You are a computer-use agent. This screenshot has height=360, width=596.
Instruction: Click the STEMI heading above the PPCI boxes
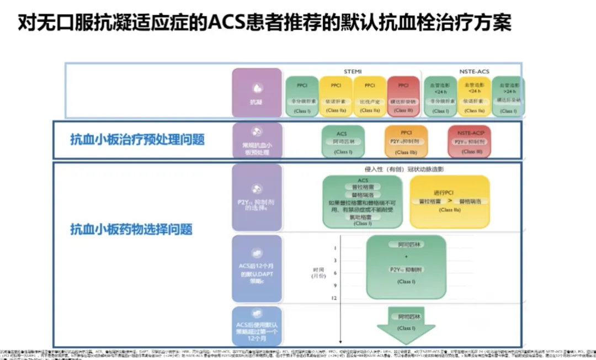353,72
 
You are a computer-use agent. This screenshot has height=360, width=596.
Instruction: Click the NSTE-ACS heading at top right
474,72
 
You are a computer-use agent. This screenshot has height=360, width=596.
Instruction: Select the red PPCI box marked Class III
403,96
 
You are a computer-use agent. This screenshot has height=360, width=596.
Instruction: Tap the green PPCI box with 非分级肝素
302,96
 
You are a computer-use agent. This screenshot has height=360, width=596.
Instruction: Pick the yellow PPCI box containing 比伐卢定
369,96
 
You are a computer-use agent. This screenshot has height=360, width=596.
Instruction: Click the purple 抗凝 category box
257,92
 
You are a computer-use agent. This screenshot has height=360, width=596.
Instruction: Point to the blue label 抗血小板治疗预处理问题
137,140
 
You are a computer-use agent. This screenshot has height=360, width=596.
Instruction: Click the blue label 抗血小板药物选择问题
131,230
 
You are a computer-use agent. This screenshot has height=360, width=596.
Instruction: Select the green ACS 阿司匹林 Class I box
342,142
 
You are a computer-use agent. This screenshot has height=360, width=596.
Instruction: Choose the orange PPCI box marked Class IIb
406,142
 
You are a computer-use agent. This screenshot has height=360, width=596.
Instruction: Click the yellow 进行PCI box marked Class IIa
450,201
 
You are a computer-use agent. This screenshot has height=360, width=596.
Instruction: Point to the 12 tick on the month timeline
335,298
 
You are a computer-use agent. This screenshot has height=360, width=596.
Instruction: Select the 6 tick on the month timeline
335,273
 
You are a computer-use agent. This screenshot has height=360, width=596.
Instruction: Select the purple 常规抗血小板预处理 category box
257,141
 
